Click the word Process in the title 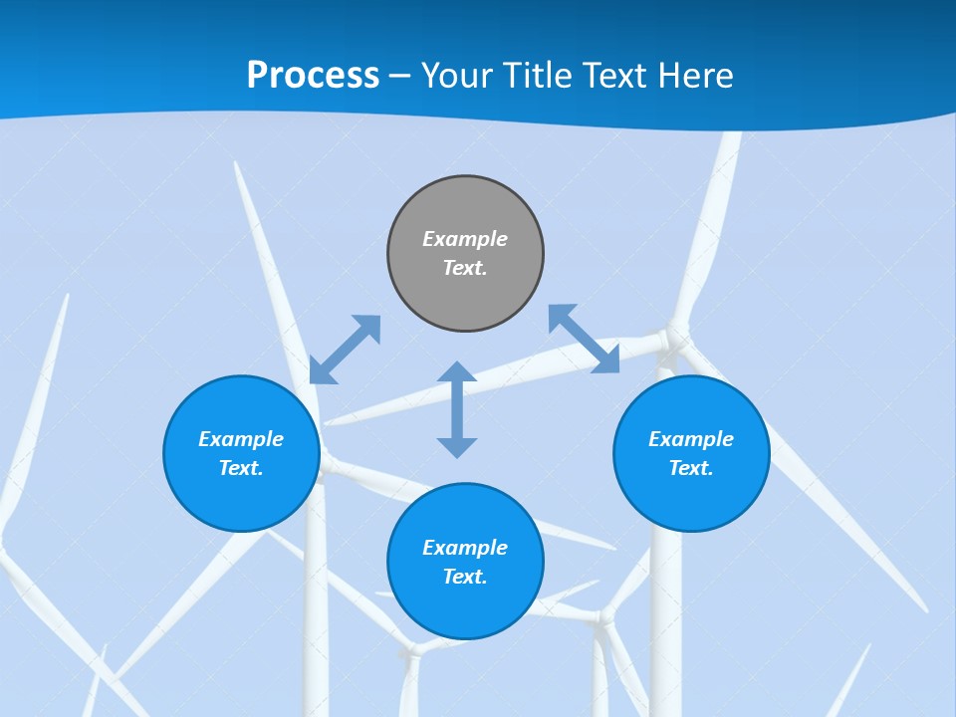click(313, 76)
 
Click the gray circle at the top click(465, 254)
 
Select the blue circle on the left click(241, 453)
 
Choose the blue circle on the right click(691, 453)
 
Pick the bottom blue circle click(465, 562)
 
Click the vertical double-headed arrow click(457, 409)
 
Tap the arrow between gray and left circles click(345, 350)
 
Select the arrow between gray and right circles click(585, 339)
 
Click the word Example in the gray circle click(465, 239)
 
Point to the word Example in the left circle click(241, 439)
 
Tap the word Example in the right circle click(691, 439)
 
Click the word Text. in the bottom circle click(465, 577)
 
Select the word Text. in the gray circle click(465, 268)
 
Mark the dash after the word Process click(400, 76)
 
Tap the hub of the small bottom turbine click(602, 618)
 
